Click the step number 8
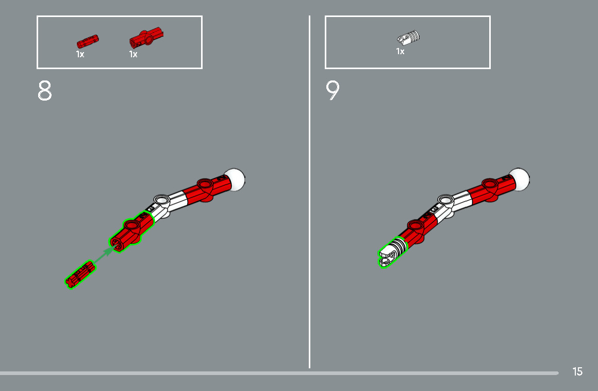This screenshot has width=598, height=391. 45,91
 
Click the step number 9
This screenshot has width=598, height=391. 333,91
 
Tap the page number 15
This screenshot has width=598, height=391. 577,371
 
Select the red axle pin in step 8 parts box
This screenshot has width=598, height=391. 87,41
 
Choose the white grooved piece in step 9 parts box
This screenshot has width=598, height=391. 408,37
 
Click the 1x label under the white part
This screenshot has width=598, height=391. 400,51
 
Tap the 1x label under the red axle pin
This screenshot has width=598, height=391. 80,54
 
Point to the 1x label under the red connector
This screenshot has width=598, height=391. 133,54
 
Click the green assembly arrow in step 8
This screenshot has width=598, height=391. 103,255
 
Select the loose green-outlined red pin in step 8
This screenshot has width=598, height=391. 80,274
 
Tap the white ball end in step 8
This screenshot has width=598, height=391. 235,180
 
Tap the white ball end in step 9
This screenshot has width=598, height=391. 520,180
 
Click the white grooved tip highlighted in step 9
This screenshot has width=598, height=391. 393,252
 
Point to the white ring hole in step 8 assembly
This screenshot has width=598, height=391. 161,200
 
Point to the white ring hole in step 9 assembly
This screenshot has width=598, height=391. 445,200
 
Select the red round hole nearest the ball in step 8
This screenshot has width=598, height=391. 205,184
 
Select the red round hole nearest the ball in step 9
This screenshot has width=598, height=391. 490,184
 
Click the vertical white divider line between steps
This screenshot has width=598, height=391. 309,192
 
